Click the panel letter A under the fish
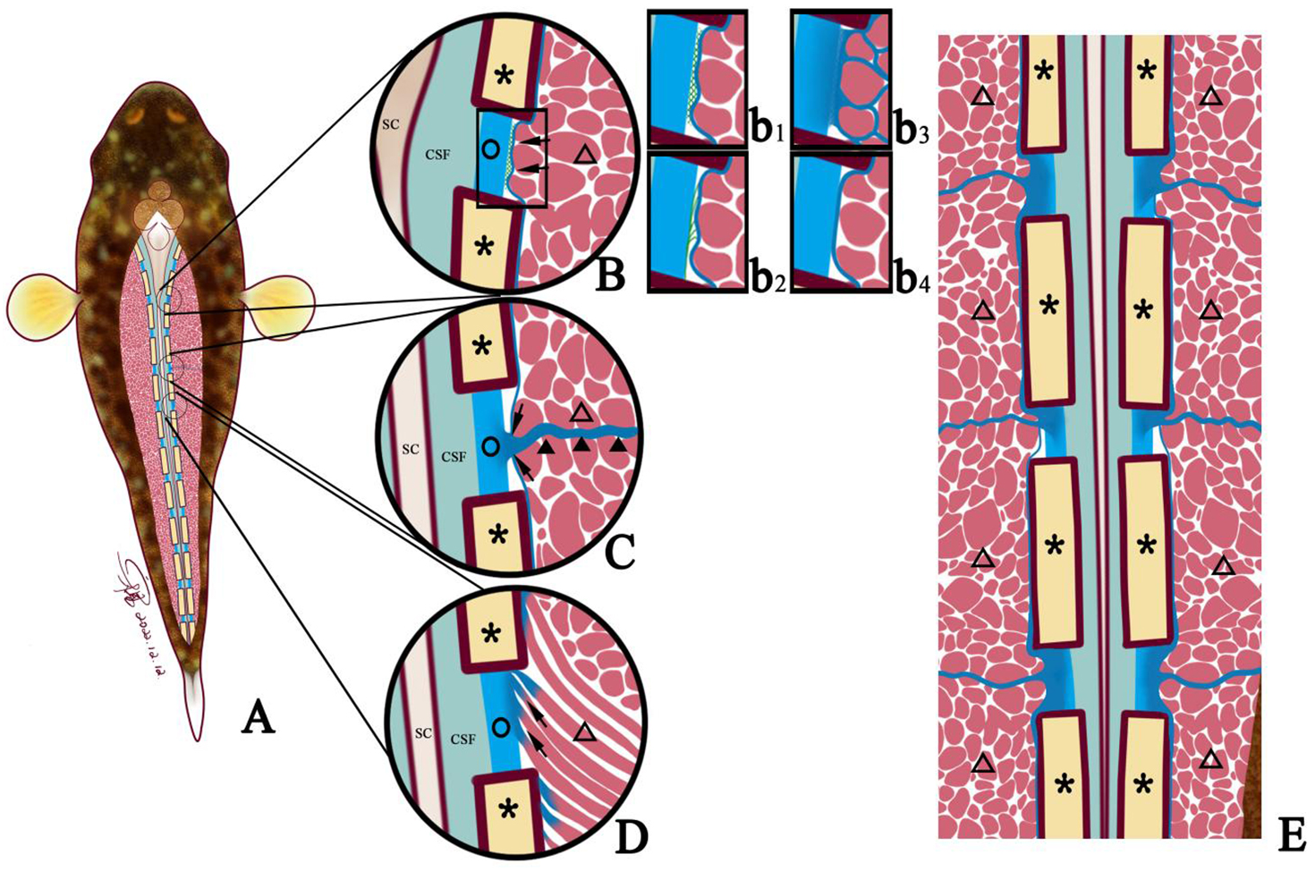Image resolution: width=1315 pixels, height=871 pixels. pyautogui.click(x=258, y=716)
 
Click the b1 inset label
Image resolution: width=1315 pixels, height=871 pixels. pyautogui.click(x=768, y=130)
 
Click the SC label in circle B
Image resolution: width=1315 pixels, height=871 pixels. pyautogui.click(x=391, y=124)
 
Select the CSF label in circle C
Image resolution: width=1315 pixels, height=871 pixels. pyautogui.click(x=454, y=457)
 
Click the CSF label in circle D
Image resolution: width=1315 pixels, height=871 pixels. pyautogui.click(x=462, y=740)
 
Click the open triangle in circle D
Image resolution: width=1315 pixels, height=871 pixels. pyautogui.click(x=584, y=732)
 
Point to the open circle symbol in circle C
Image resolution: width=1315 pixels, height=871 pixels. pyautogui.click(x=489, y=444)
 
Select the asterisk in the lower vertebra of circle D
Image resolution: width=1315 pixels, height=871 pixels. pyautogui.click(x=509, y=810)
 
